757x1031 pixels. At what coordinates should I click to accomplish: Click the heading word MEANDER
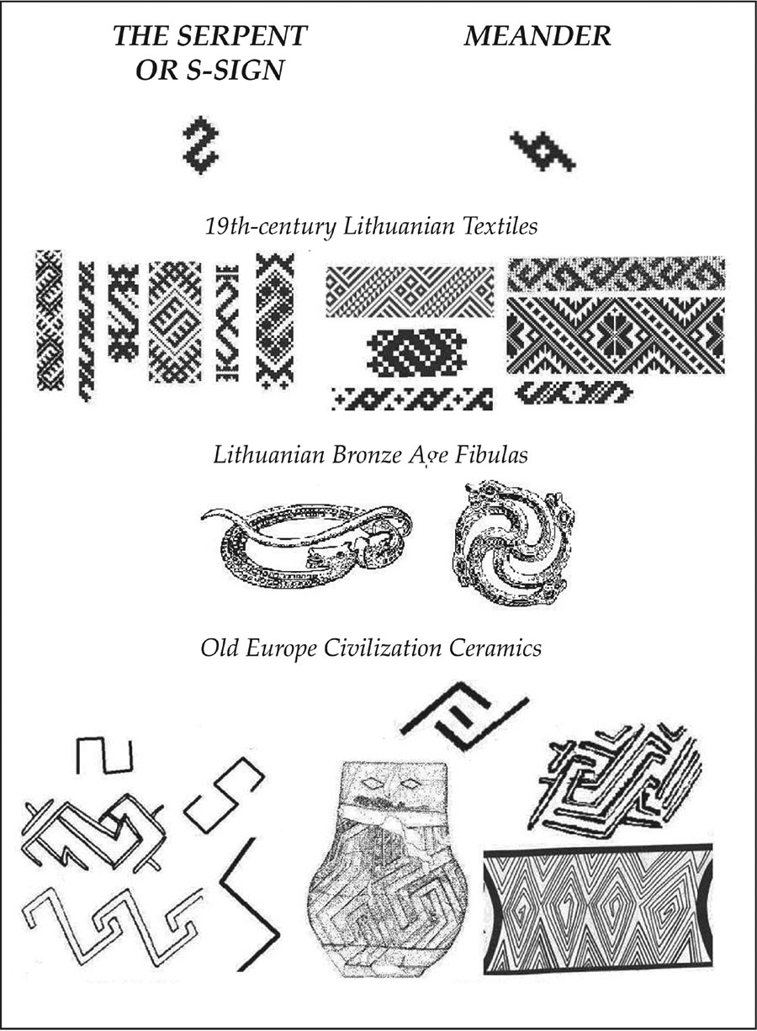pyautogui.click(x=537, y=36)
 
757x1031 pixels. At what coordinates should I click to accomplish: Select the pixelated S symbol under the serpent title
pyautogui.click(x=201, y=145)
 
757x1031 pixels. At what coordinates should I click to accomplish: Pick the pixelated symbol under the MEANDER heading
pyautogui.click(x=543, y=151)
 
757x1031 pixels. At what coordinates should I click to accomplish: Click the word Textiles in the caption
pyautogui.click(x=500, y=226)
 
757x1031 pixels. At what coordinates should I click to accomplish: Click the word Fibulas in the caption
pyautogui.click(x=491, y=455)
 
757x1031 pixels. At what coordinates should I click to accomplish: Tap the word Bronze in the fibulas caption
pyautogui.click(x=367, y=455)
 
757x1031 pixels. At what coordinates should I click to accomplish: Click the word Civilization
pyautogui.click(x=382, y=648)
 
